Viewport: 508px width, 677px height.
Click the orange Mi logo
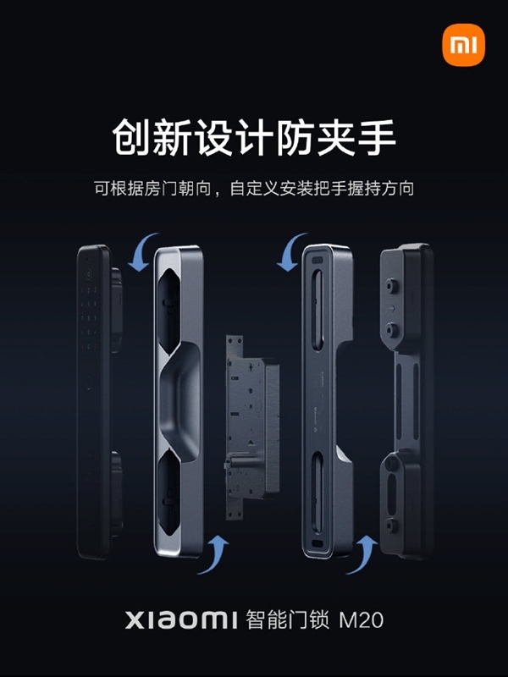[463, 46]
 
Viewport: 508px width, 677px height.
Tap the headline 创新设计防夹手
[254, 137]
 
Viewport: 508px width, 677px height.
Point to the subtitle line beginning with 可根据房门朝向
[254, 189]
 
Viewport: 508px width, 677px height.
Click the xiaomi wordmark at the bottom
[181, 620]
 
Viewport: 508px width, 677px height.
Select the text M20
[362, 620]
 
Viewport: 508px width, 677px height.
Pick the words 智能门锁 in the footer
[287, 620]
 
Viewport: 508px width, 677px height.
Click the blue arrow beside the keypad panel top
[142, 251]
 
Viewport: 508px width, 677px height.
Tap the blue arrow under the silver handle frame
[213, 555]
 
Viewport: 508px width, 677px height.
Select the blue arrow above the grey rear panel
[291, 251]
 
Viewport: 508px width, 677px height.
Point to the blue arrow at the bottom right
[362, 555]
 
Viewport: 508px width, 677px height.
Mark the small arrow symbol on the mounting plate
[392, 308]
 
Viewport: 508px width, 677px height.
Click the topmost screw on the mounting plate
[392, 285]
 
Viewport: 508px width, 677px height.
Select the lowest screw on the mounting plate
[392, 525]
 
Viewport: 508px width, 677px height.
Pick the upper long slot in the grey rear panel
[317, 310]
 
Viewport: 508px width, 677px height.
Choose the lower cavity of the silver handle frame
[168, 493]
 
